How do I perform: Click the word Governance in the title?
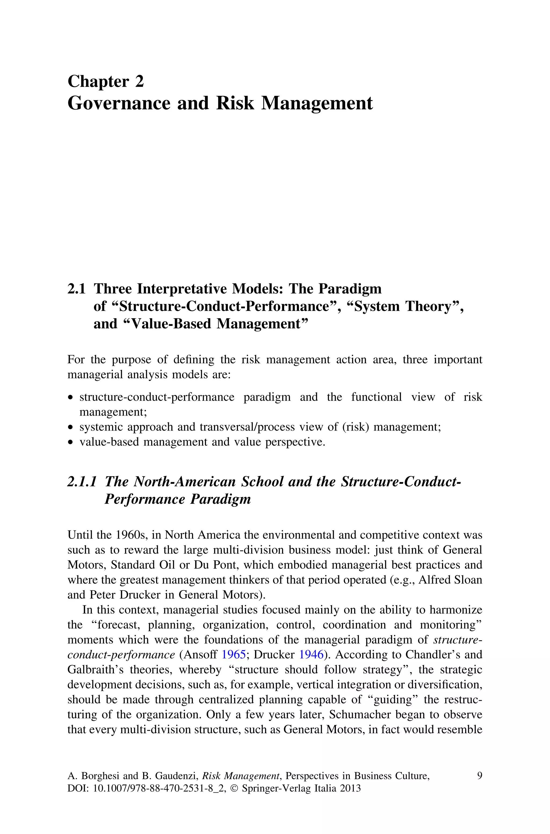click(x=118, y=103)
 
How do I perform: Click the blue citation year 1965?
click(x=234, y=654)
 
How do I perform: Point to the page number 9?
click(x=479, y=775)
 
